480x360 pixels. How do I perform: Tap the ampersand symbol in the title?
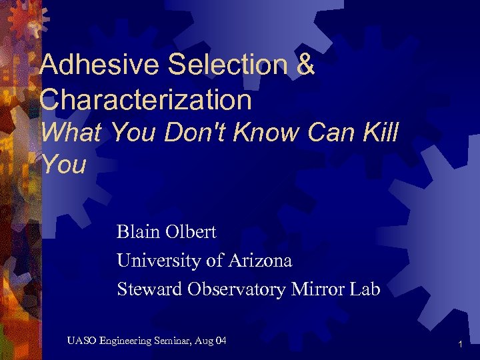pos(304,65)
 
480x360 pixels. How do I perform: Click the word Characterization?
pos(145,99)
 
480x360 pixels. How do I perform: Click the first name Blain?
pos(138,232)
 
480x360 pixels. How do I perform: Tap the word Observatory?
pos(237,289)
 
